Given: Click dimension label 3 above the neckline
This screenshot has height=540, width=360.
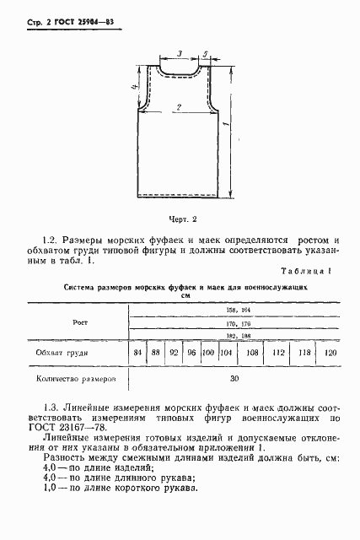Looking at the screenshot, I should pos(180,55).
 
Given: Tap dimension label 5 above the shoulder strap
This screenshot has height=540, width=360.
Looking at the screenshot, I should pos(206,55).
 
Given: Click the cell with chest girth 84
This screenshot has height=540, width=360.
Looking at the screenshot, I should pos(137,352).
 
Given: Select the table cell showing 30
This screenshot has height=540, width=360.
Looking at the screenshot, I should pos(234,379).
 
